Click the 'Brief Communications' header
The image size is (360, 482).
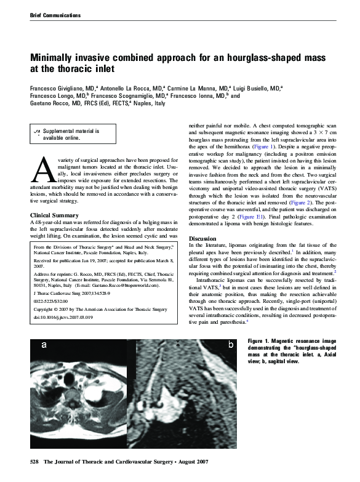(x=55, y=14)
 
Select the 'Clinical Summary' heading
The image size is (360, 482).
(x=54, y=215)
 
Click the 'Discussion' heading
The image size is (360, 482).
(x=202, y=238)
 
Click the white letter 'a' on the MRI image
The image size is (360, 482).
(x=44, y=346)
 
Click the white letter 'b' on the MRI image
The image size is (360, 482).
(x=230, y=345)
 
